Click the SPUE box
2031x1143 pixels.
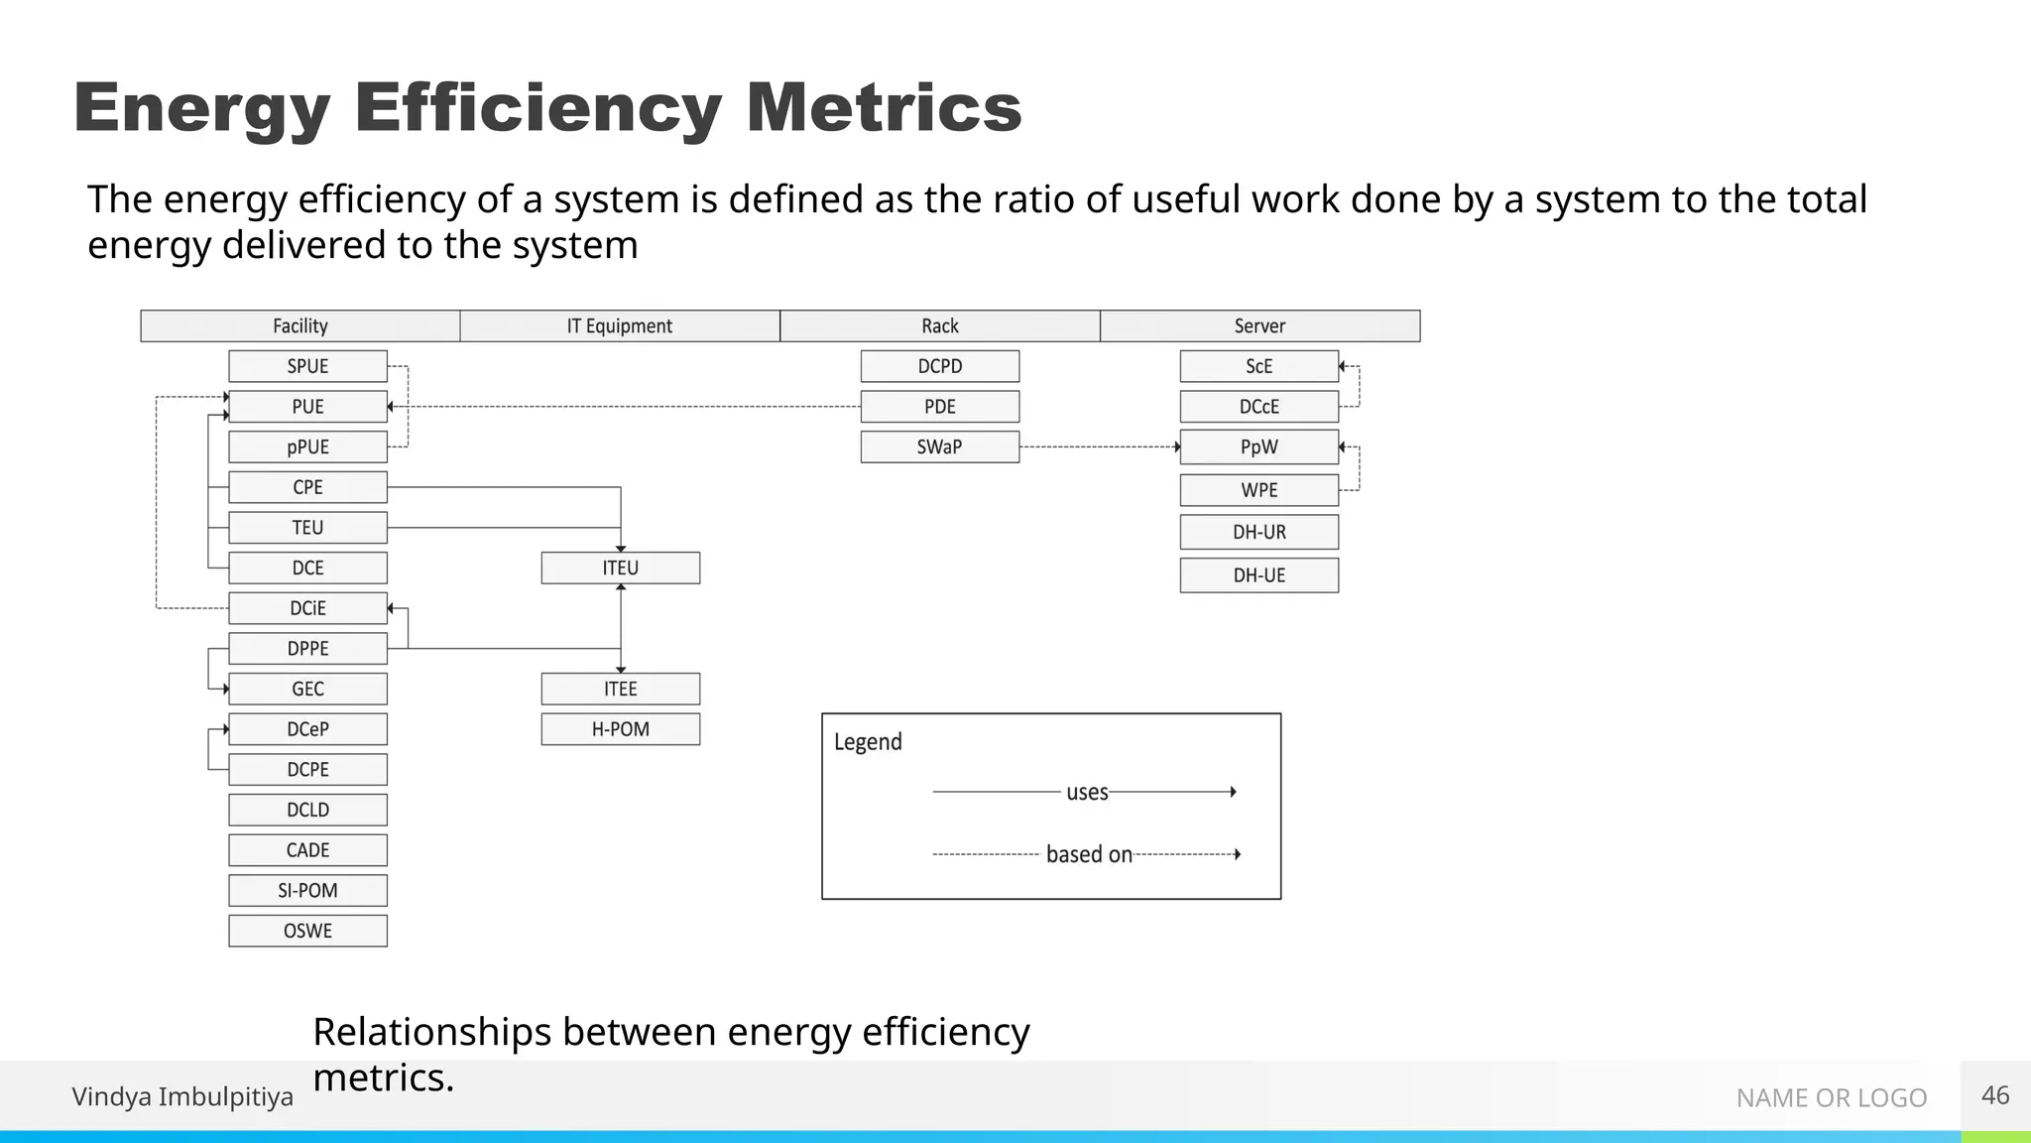tap(307, 366)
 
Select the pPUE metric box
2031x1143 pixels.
tap(307, 446)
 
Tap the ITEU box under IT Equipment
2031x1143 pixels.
tap(620, 568)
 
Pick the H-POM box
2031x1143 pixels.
tap(620, 729)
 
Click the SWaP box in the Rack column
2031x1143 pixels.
tap(939, 446)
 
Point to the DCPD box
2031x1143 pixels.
tap(939, 366)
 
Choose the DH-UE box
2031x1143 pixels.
tap(1258, 575)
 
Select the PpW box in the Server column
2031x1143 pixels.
tap(1258, 446)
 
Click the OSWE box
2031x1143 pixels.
tap(307, 931)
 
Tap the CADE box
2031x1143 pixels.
tap(307, 850)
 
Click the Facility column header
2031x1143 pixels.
tap(300, 325)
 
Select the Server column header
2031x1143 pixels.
tap(1259, 325)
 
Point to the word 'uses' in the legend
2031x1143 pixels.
tap(1087, 792)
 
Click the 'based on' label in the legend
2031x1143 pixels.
tap(1089, 854)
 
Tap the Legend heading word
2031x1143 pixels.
tap(868, 742)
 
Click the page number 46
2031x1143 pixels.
tap(1994, 1095)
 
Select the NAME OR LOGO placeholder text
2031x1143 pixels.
tap(1831, 1097)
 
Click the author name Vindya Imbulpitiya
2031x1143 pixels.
tap(182, 1096)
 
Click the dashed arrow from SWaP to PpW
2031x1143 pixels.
tap(1099, 447)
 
